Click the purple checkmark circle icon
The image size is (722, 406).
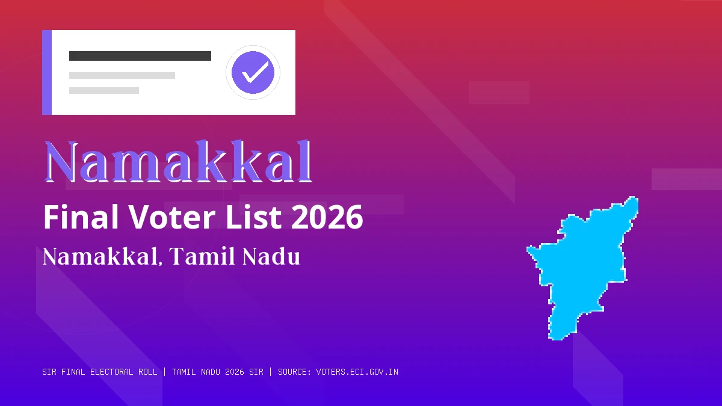pos(253,72)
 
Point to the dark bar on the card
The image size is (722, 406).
pos(140,56)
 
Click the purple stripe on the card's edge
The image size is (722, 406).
pos(47,72)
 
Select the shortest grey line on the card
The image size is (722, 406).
pos(103,90)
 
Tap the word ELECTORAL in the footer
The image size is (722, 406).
pos(111,372)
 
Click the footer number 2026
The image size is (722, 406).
pos(235,372)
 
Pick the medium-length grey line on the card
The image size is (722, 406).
pos(122,75)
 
